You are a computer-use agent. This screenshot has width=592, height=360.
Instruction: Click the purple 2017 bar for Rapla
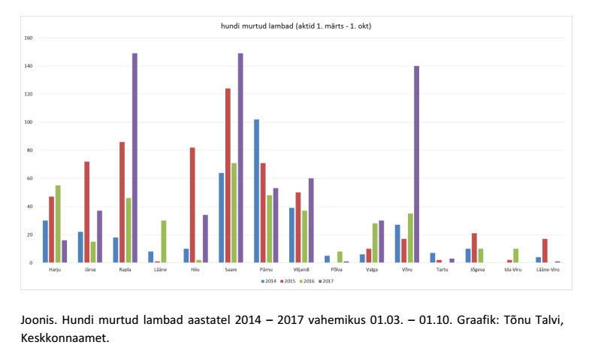[x=134, y=158]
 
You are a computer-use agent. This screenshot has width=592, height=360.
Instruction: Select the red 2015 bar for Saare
[x=228, y=176]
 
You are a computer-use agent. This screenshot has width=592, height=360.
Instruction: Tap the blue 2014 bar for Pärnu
[x=256, y=191]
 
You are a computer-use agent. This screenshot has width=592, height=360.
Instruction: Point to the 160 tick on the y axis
[x=28, y=38]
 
